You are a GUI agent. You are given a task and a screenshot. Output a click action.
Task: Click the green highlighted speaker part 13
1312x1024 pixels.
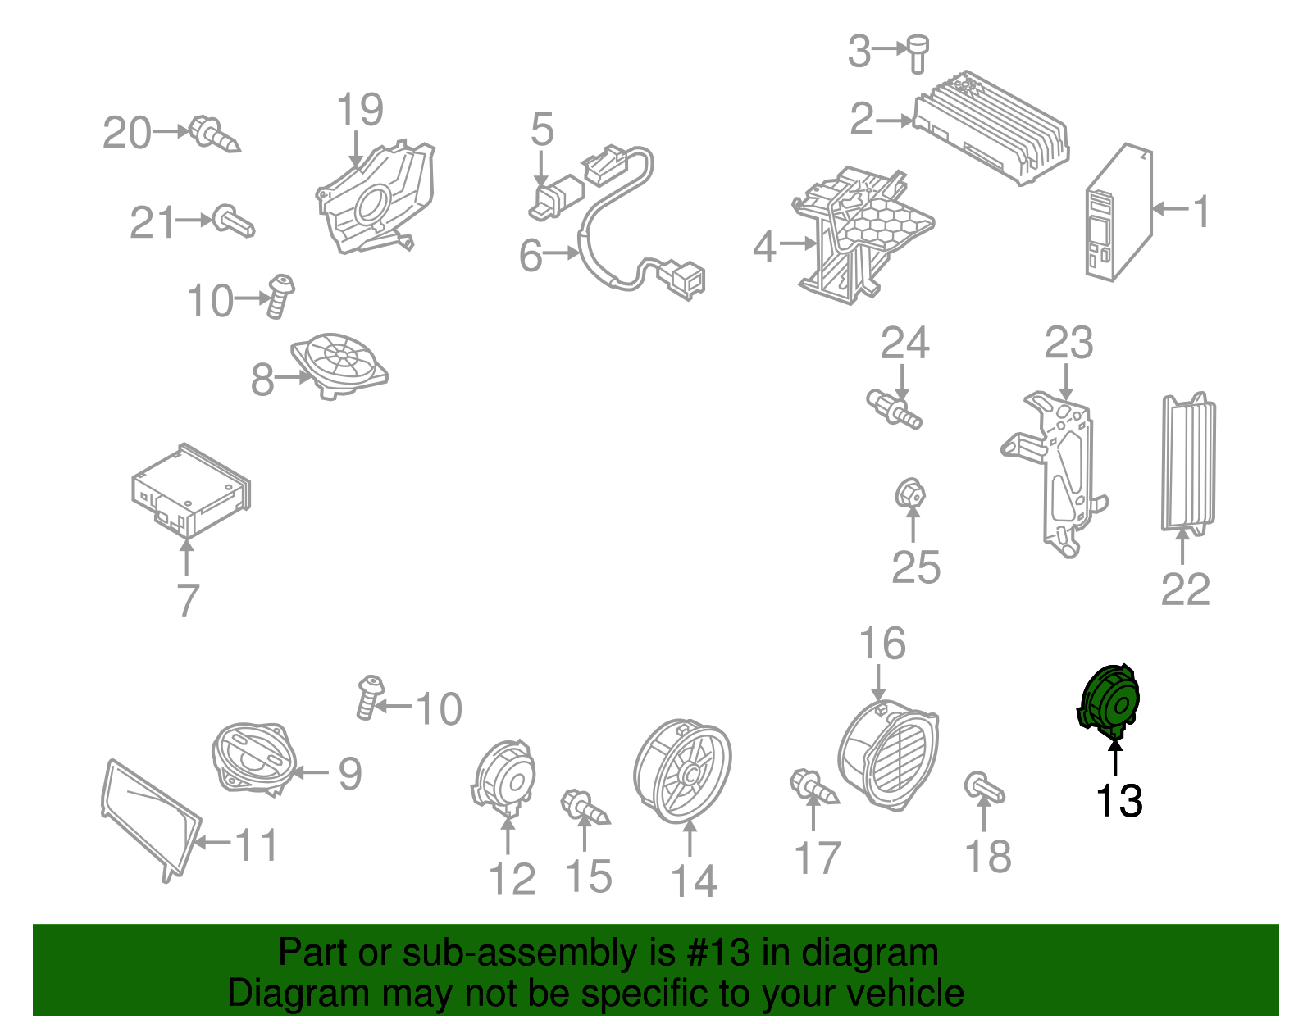tap(1109, 703)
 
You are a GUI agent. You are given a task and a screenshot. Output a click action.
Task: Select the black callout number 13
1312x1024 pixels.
tap(1118, 801)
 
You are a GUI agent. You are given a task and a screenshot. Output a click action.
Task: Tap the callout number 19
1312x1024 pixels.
tap(360, 109)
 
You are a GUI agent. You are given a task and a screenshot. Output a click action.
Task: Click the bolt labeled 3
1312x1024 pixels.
tap(917, 54)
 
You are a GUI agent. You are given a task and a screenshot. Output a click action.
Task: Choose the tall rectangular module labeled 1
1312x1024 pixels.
tap(1118, 212)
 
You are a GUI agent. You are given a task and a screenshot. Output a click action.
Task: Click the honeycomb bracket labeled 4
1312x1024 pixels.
tap(863, 235)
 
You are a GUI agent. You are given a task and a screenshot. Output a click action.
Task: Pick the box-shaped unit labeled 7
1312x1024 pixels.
tap(191, 491)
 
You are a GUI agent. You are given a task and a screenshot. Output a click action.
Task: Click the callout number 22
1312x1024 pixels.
tap(1185, 589)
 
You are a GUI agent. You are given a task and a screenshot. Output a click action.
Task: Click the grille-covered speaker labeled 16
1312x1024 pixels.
tap(888, 753)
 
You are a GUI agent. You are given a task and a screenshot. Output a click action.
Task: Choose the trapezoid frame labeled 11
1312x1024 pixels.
tap(151, 821)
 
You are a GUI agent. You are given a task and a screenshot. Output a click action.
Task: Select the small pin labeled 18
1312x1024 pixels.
tap(985, 787)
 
